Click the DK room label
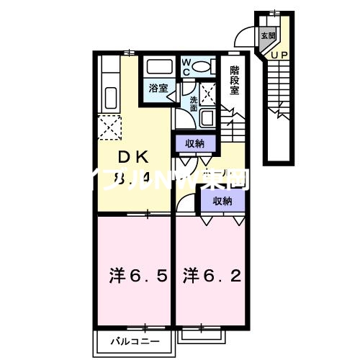pos(134,156)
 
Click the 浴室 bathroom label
pos(158,89)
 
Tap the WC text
pos(185,67)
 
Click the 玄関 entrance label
pos(268,35)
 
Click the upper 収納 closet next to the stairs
pos(194,143)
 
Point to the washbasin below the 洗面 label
pos(207,119)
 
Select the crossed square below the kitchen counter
pos(112,129)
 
